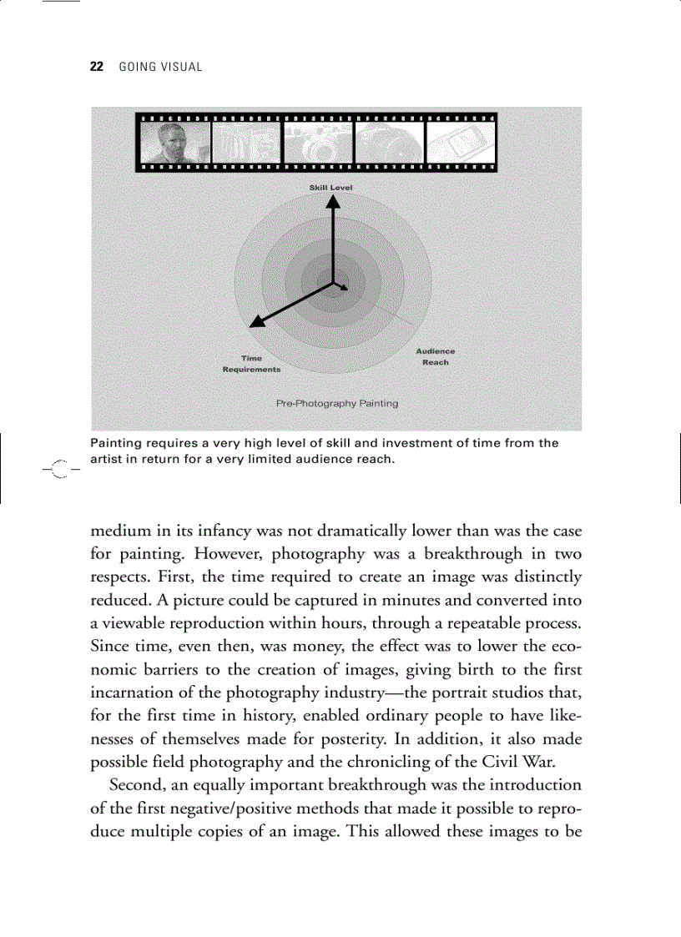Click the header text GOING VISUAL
160,67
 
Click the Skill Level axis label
331,188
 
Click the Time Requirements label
251,364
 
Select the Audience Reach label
436,357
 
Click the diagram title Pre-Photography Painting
337,403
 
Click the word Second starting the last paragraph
138,785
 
